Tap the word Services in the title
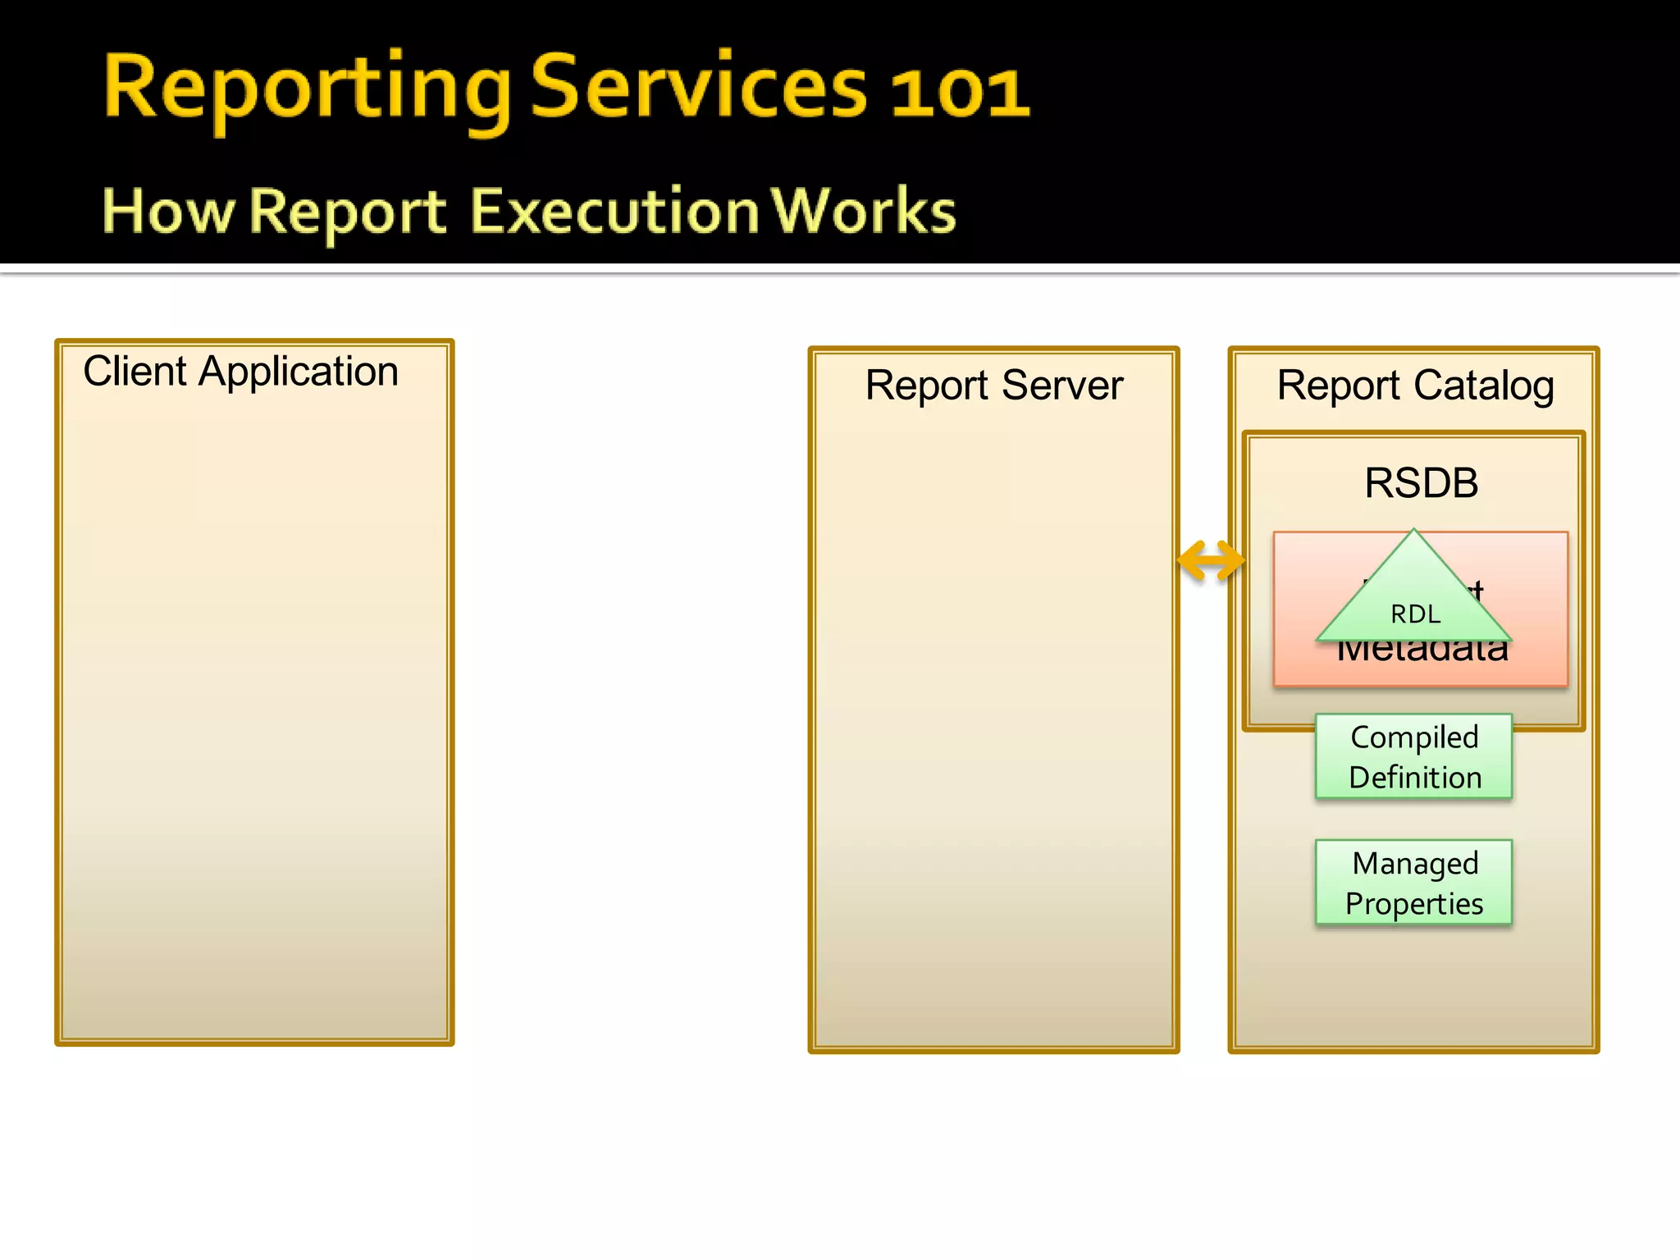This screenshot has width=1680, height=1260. (698, 89)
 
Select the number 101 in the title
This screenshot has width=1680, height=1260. (959, 92)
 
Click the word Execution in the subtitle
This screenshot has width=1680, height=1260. (614, 212)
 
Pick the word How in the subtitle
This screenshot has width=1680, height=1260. (167, 212)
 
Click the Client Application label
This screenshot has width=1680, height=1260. (240, 372)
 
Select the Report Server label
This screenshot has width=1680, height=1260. (993, 386)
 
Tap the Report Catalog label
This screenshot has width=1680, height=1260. (1414, 386)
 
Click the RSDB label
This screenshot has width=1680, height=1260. (1421, 482)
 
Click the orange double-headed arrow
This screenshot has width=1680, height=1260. (1210, 561)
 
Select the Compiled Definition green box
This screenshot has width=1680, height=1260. (1413, 756)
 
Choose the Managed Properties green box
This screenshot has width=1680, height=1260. (1413, 883)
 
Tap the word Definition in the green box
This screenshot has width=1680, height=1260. (1415, 778)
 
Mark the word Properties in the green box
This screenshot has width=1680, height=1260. (1414, 904)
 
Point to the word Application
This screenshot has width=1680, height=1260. (299, 372)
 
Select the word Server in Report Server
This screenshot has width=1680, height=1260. (1062, 386)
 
